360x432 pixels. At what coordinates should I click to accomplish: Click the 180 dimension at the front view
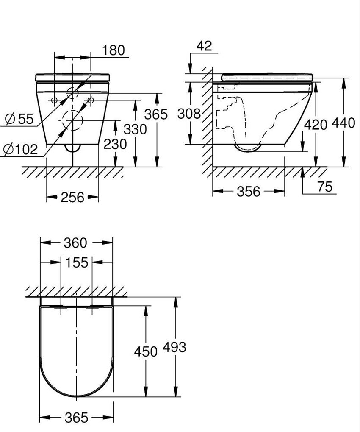(114, 50)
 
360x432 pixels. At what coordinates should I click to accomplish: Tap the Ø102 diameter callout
(20, 149)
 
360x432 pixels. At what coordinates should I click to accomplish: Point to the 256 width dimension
(72, 197)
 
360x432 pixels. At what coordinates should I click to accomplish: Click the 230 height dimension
(115, 145)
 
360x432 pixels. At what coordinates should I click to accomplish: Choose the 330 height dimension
(135, 129)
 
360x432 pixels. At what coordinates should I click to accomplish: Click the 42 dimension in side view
(204, 46)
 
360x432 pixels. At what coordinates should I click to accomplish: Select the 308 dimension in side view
(188, 114)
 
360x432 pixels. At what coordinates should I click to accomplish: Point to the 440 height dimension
(343, 123)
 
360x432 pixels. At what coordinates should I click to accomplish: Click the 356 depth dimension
(248, 192)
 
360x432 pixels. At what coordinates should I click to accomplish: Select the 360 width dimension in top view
(75, 243)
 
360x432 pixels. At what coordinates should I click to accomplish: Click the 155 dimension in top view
(77, 263)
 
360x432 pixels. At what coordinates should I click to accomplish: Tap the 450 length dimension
(145, 351)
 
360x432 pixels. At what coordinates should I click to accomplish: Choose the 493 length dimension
(174, 347)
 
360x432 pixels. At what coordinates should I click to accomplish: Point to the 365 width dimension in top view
(77, 418)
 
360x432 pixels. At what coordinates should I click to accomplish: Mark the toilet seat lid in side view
(267, 76)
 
